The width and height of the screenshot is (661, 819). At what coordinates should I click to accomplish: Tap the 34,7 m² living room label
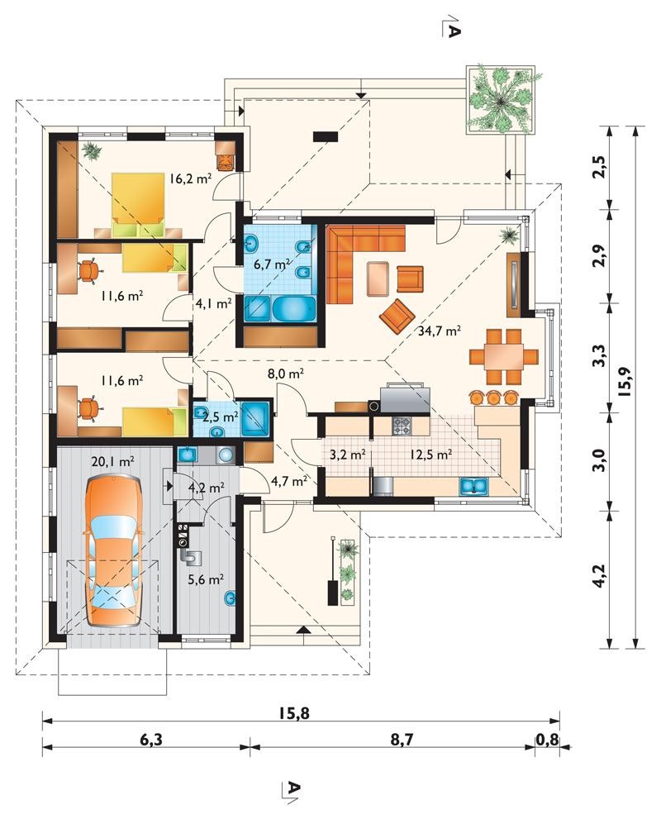(x=439, y=331)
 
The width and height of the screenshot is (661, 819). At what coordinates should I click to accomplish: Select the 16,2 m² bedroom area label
(x=190, y=179)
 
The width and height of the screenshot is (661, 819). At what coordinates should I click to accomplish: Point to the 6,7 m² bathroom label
(x=272, y=264)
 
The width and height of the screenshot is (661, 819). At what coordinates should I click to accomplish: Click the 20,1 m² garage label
(x=112, y=461)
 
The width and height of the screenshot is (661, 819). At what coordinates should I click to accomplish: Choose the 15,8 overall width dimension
(x=293, y=712)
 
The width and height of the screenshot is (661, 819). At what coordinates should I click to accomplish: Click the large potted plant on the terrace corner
(x=500, y=98)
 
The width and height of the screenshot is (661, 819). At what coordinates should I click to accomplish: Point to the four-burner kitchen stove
(x=402, y=426)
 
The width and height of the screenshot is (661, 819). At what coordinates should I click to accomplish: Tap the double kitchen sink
(x=474, y=485)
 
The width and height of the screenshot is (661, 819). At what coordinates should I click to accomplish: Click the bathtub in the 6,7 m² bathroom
(x=294, y=309)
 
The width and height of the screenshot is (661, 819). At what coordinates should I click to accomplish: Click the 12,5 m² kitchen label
(x=430, y=455)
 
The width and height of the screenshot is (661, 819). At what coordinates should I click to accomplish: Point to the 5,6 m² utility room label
(x=206, y=579)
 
